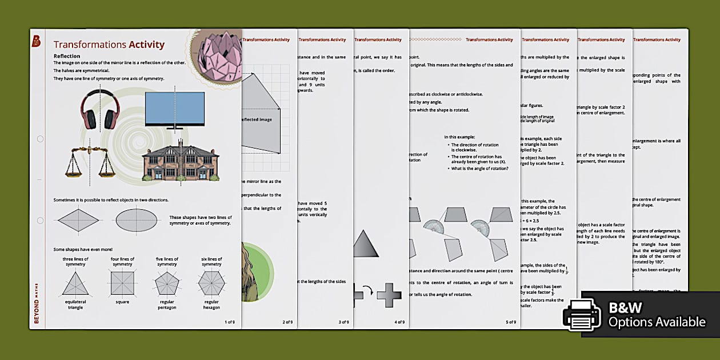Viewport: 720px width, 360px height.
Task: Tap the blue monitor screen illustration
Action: pyautogui.click(x=174, y=109)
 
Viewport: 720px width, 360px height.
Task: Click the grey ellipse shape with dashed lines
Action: pyautogui.click(x=137, y=220)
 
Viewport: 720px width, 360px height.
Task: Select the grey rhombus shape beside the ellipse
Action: pyautogui.click(x=78, y=220)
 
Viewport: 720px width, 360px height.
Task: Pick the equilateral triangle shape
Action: pyautogui.click(x=75, y=283)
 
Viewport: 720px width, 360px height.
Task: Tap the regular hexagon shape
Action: pyautogui.click(x=211, y=283)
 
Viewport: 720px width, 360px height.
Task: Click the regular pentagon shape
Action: pyautogui.click(x=167, y=283)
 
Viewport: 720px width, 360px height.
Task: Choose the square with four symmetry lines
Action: pyautogui.click(x=122, y=283)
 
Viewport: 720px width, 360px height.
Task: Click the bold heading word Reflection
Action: pyautogui.click(x=67, y=56)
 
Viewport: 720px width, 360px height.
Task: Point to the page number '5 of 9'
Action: pyautogui.click(x=510, y=322)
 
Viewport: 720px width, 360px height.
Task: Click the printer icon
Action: pyautogui.click(x=582, y=315)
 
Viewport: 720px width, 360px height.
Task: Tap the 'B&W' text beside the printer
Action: pyautogui.click(x=626, y=307)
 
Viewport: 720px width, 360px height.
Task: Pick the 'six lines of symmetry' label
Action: pyautogui.click(x=211, y=262)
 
